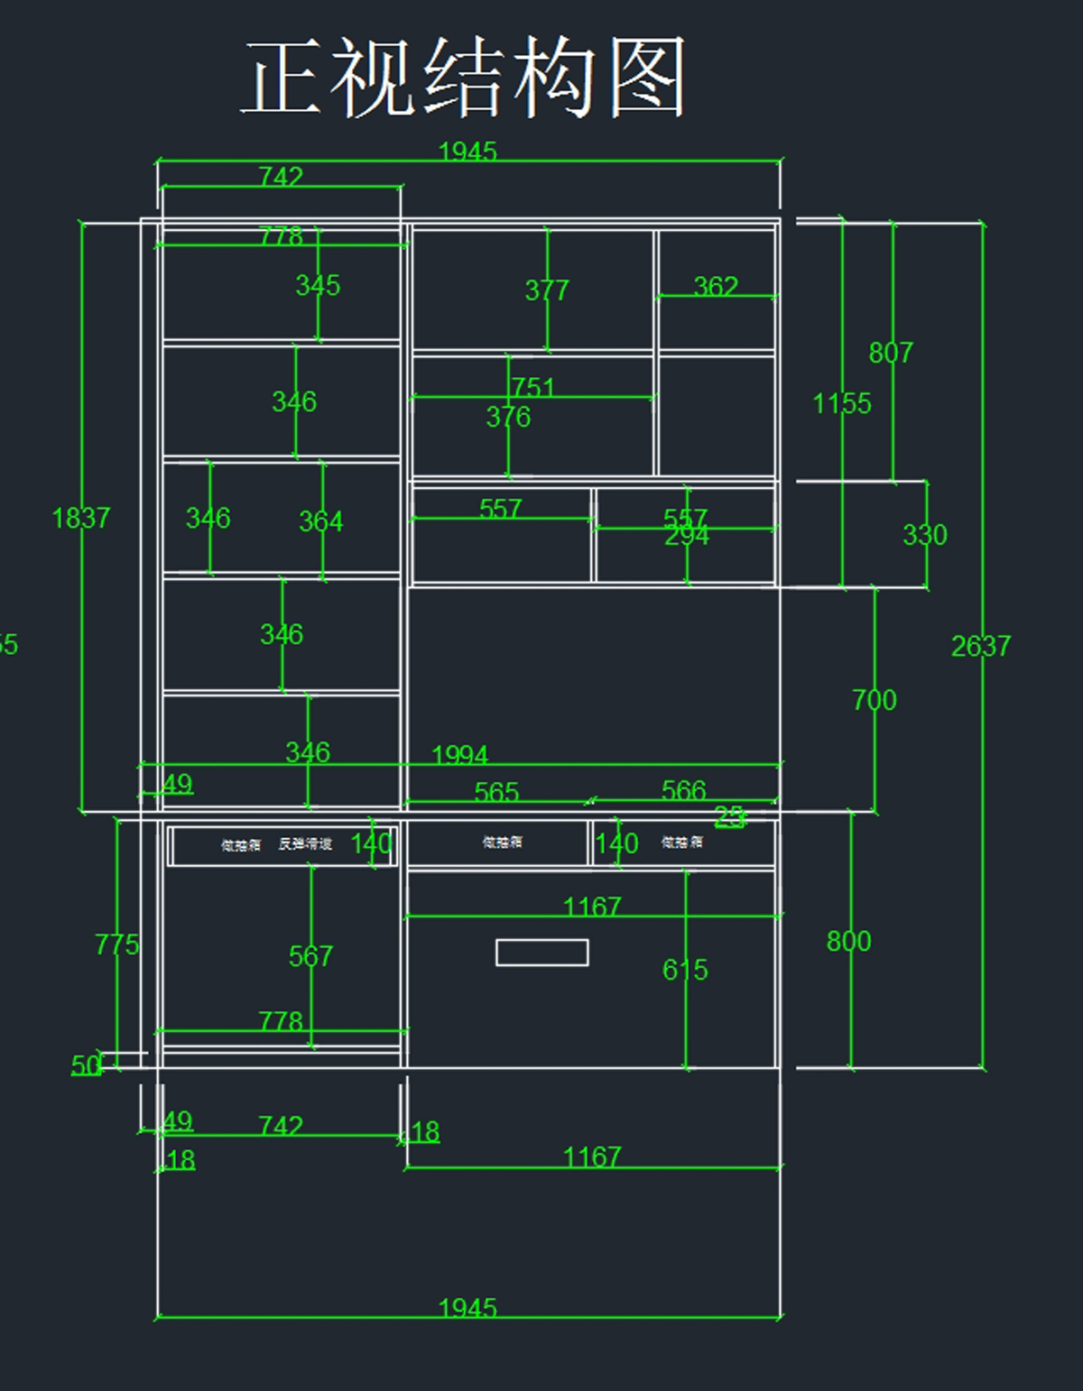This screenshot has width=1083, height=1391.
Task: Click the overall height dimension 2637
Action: (980, 646)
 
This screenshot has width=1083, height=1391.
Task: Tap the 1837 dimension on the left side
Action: (81, 518)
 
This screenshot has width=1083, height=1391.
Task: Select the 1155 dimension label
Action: (841, 403)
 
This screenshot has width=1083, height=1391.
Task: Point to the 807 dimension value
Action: (891, 353)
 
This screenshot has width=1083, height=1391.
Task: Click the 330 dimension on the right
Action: (925, 535)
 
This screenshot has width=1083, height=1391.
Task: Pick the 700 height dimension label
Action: (874, 700)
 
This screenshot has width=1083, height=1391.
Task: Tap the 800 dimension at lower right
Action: (848, 942)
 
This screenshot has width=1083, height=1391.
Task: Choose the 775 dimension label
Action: (117, 944)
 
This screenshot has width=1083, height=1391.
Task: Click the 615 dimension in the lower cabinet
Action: (685, 970)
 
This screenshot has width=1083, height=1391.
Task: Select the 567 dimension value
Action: (310, 956)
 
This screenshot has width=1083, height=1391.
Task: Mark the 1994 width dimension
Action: (459, 754)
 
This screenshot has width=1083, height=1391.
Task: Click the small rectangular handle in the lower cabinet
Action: (541, 953)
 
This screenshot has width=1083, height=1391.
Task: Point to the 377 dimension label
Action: (547, 290)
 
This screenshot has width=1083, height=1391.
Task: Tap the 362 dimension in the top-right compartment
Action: (716, 287)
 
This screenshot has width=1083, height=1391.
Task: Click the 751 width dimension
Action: (533, 387)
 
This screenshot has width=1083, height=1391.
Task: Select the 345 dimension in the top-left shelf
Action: (318, 286)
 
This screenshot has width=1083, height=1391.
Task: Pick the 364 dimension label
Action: (320, 521)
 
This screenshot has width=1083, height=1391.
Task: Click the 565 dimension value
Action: (496, 792)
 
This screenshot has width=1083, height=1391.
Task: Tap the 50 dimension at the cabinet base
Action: (87, 1065)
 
